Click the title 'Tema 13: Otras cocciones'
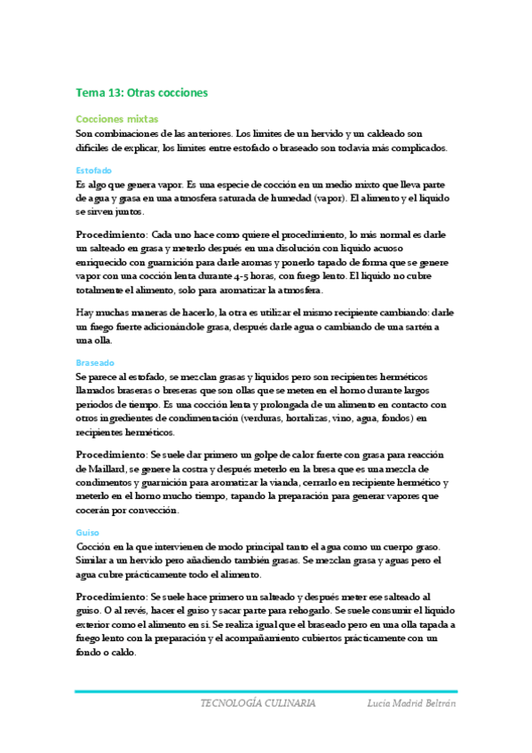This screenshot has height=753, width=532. (x=141, y=91)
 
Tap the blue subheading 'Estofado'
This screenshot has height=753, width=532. (x=94, y=169)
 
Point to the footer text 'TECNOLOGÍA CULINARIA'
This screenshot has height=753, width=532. (x=258, y=702)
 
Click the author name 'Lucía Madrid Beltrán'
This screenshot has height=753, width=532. (x=411, y=702)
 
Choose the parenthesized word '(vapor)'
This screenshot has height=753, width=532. (x=326, y=198)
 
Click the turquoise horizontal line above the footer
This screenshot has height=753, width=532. (x=266, y=691)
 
